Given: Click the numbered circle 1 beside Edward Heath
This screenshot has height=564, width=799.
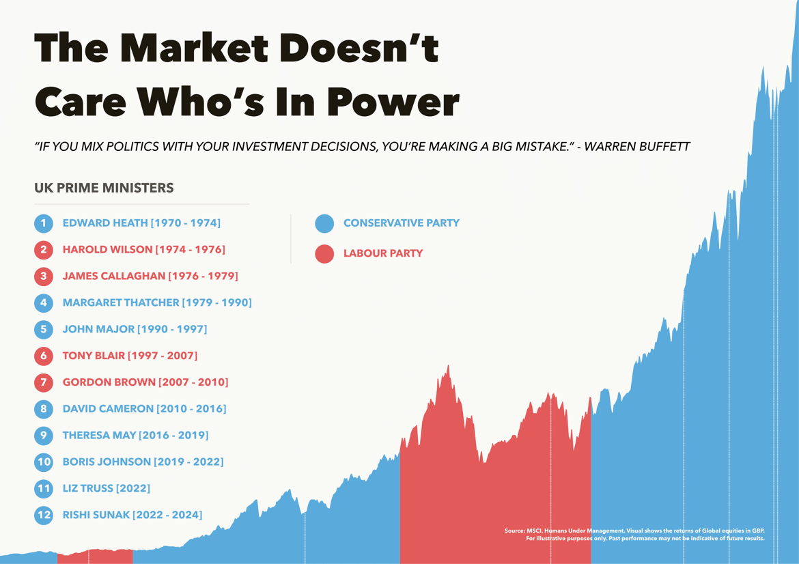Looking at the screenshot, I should pyautogui.click(x=43, y=223).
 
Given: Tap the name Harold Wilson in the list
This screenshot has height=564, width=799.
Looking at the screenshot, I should pyautogui.click(x=107, y=250).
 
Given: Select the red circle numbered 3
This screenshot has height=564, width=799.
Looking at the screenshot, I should pyautogui.click(x=43, y=277).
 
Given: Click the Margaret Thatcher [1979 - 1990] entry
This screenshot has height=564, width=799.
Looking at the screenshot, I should pyautogui.click(x=157, y=302).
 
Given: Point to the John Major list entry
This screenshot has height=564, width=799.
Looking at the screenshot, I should pyautogui.click(x=135, y=329).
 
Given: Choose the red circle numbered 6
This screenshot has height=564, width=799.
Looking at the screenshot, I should pyautogui.click(x=43, y=356).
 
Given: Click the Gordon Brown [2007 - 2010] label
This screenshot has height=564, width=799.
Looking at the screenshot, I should pyautogui.click(x=145, y=382).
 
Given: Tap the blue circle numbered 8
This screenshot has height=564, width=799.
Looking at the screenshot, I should pyautogui.click(x=43, y=409).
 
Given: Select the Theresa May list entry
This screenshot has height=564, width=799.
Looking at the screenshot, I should pyautogui.click(x=135, y=436).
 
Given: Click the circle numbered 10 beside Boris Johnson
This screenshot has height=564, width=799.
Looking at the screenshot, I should pyautogui.click(x=43, y=462).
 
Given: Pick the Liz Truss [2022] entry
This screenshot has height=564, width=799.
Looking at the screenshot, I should pyautogui.click(x=106, y=489).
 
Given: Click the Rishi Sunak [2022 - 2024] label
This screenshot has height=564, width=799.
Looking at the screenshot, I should pyautogui.click(x=132, y=515).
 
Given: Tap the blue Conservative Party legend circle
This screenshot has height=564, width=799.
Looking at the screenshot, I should pyautogui.click(x=324, y=223).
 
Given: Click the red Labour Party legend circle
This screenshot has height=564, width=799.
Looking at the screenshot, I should pyautogui.click(x=324, y=253).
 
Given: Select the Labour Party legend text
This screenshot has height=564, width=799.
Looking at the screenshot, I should pyautogui.click(x=382, y=253).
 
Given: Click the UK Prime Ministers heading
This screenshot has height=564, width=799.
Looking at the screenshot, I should pyautogui.click(x=104, y=188).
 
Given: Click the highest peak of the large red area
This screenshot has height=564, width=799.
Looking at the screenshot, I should pyautogui.click(x=449, y=367).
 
